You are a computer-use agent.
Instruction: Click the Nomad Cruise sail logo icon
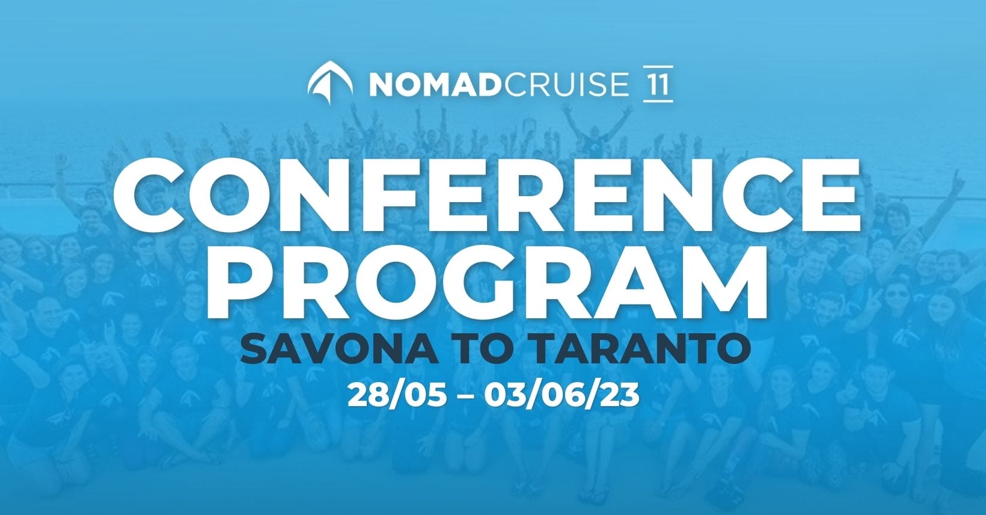point(330,83)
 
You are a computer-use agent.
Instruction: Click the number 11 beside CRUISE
point(658,84)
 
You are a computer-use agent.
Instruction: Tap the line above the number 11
point(658,67)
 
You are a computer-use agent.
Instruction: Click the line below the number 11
point(658,102)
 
